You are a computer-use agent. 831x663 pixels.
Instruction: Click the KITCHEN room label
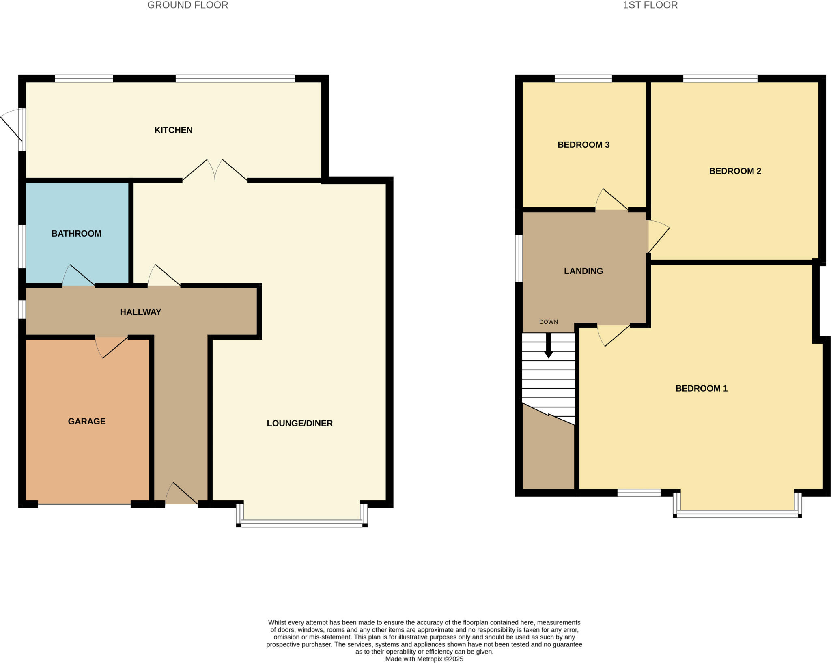pos(173,130)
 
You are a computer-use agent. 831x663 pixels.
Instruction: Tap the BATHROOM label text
pos(76,233)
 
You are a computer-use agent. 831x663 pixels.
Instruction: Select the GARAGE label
pos(87,421)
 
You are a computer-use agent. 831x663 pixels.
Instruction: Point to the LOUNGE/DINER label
pos(299,423)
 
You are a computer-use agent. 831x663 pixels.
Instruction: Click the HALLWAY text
pos(140,312)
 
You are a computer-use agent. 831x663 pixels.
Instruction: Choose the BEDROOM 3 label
pos(583,144)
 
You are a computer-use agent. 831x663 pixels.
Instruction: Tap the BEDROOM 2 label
pos(735,171)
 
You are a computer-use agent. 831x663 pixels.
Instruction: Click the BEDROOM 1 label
pos(701,388)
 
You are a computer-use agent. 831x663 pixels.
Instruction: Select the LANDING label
pos(583,271)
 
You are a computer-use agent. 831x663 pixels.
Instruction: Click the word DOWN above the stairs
pos(548,322)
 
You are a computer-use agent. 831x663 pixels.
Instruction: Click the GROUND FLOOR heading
pos(187,5)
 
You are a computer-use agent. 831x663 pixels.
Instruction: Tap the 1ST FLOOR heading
pos(650,5)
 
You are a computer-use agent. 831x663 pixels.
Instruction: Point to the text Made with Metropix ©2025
pos(424,659)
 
